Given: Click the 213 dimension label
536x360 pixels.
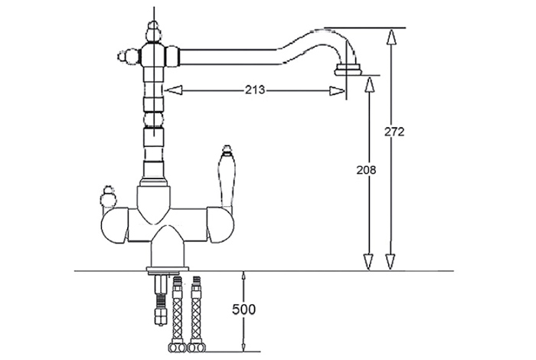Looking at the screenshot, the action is [x=255, y=90].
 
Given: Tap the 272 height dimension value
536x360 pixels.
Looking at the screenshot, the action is [x=394, y=132].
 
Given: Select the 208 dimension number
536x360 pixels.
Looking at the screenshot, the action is [x=366, y=170].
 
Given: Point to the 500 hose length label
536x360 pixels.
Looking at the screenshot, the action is [x=243, y=309].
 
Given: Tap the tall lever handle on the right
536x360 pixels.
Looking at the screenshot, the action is [x=226, y=176].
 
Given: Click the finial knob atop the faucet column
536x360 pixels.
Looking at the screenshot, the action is [x=153, y=31].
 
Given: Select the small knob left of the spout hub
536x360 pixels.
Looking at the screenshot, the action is [x=128, y=55].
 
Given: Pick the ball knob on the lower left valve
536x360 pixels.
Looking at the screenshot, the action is [x=108, y=197].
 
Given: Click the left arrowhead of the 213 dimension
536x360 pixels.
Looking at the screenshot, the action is [x=173, y=90].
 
